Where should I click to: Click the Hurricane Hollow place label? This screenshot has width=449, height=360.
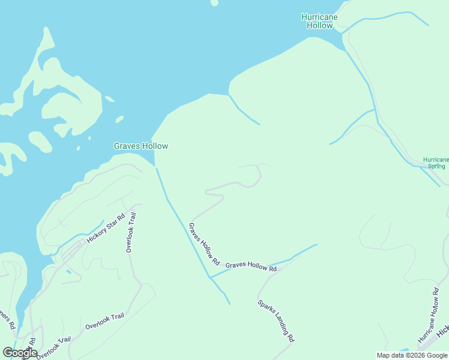coord(319,21)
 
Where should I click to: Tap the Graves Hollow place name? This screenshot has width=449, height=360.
coord(141,146)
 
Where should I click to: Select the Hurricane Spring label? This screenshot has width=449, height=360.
coord(435,163)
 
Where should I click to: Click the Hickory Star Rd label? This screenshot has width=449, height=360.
coord(105,228)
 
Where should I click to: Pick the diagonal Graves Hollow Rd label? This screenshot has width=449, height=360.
coord(205,245)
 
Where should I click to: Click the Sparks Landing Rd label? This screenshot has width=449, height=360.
coord(276,320)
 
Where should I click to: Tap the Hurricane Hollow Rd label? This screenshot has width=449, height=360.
coord(429,314)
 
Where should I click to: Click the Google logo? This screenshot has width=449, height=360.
coord(20,353)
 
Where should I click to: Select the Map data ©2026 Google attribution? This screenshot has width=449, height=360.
coord(412,355)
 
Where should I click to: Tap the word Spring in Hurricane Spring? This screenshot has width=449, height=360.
coord(435,166)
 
